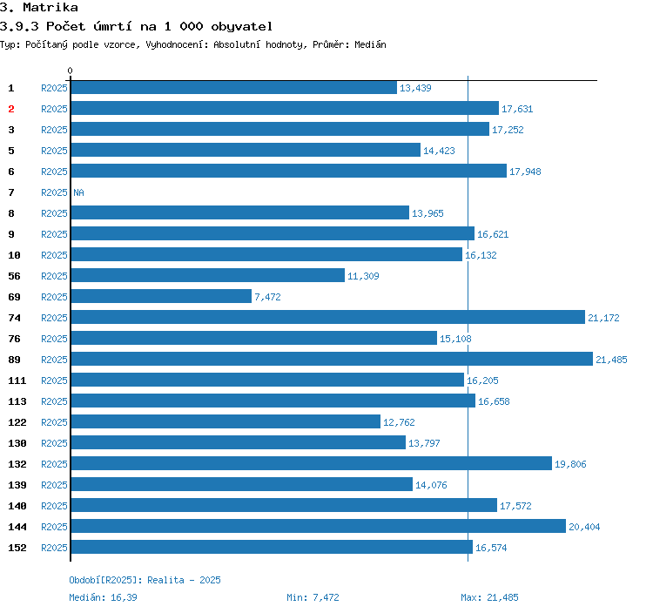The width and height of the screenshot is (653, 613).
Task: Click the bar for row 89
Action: (331, 360)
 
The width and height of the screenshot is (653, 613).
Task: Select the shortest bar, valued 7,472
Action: (161, 297)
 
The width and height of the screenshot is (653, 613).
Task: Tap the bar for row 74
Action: (327, 318)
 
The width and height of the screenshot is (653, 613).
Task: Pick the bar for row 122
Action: (226, 422)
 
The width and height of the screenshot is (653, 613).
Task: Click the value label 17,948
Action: (525, 172)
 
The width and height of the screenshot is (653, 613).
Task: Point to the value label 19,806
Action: (570, 464)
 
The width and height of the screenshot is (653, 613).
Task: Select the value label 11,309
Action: (363, 276)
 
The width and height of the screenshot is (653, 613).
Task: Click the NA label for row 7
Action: (78, 192)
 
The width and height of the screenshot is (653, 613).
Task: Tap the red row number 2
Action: (11, 109)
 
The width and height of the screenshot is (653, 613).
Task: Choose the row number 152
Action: (17, 548)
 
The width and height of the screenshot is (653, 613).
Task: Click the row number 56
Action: (14, 276)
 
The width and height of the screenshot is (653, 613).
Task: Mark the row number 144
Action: (17, 527)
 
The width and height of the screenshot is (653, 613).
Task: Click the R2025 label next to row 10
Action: (54, 255)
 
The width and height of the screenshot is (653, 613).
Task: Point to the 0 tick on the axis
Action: (71, 71)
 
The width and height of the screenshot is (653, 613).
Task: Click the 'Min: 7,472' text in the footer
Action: (313, 597)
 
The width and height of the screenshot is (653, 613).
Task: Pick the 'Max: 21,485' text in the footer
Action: (489, 597)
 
